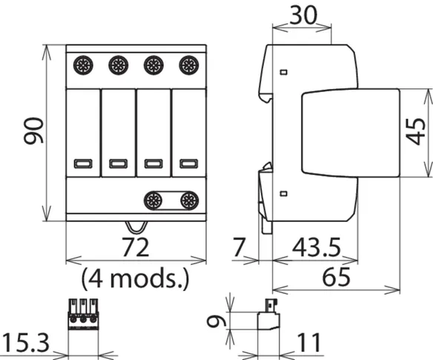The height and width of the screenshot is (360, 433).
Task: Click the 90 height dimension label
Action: [x=33, y=131]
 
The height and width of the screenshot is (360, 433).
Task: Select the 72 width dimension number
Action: [x=136, y=247]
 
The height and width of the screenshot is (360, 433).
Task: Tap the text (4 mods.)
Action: [x=136, y=278]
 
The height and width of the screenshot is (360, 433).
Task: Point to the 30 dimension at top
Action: [x=303, y=15]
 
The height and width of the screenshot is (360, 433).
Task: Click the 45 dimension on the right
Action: [x=416, y=131]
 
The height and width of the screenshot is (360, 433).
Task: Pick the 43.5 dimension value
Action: [x=317, y=247]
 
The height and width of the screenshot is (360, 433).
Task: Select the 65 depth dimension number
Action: [x=336, y=277]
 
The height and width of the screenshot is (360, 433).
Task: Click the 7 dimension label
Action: [x=239, y=247]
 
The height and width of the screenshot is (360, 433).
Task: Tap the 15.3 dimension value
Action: [x=26, y=343]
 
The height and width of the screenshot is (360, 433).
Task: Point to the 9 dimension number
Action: [x=216, y=321]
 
